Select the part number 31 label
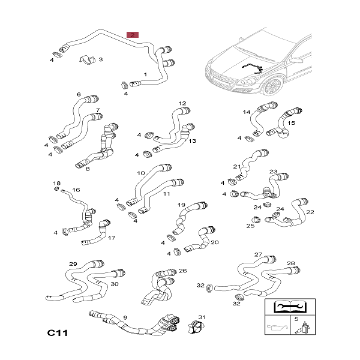tap(202, 317)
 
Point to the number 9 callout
tap(124, 317)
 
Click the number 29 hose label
tap(73, 265)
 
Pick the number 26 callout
tap(182, 271)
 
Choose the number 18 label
tap(57, 183)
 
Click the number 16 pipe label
tap(76, 190)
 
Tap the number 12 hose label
tap(182, 103)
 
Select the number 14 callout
tap(247, 112)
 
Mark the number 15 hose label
tap(292, 123)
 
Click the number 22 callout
tap(310, 212)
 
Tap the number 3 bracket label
tap(100, 59)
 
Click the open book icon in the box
tap(291, 307)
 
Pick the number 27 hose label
tap(258, 254)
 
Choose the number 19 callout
tap(181, 205)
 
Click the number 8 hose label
tap(88, 169)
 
